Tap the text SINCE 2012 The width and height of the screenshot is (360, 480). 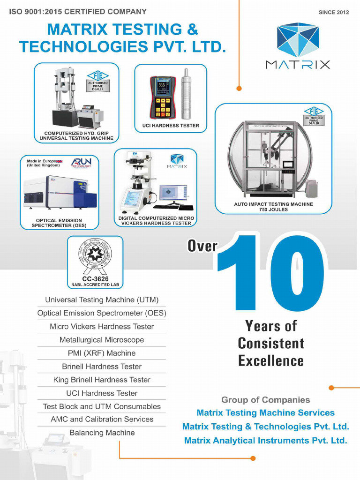(333, 12)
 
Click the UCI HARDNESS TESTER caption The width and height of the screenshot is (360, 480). (171, 126)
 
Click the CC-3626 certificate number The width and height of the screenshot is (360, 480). (95, 279)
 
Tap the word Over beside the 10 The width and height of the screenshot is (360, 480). (202, 246)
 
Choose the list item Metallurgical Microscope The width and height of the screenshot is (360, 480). (102, 340)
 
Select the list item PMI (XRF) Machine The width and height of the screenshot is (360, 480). (102, 353)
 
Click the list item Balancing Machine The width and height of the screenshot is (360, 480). (102, 433)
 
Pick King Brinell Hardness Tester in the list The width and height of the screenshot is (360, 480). (102, 380)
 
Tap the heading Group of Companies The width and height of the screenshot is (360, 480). (265, 400)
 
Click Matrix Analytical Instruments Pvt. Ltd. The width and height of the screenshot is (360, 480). (265, 441)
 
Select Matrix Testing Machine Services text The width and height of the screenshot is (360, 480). (265, 413)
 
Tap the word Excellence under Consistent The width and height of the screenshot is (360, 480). (271, 361)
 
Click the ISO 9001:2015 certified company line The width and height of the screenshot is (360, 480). (78, 12)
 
